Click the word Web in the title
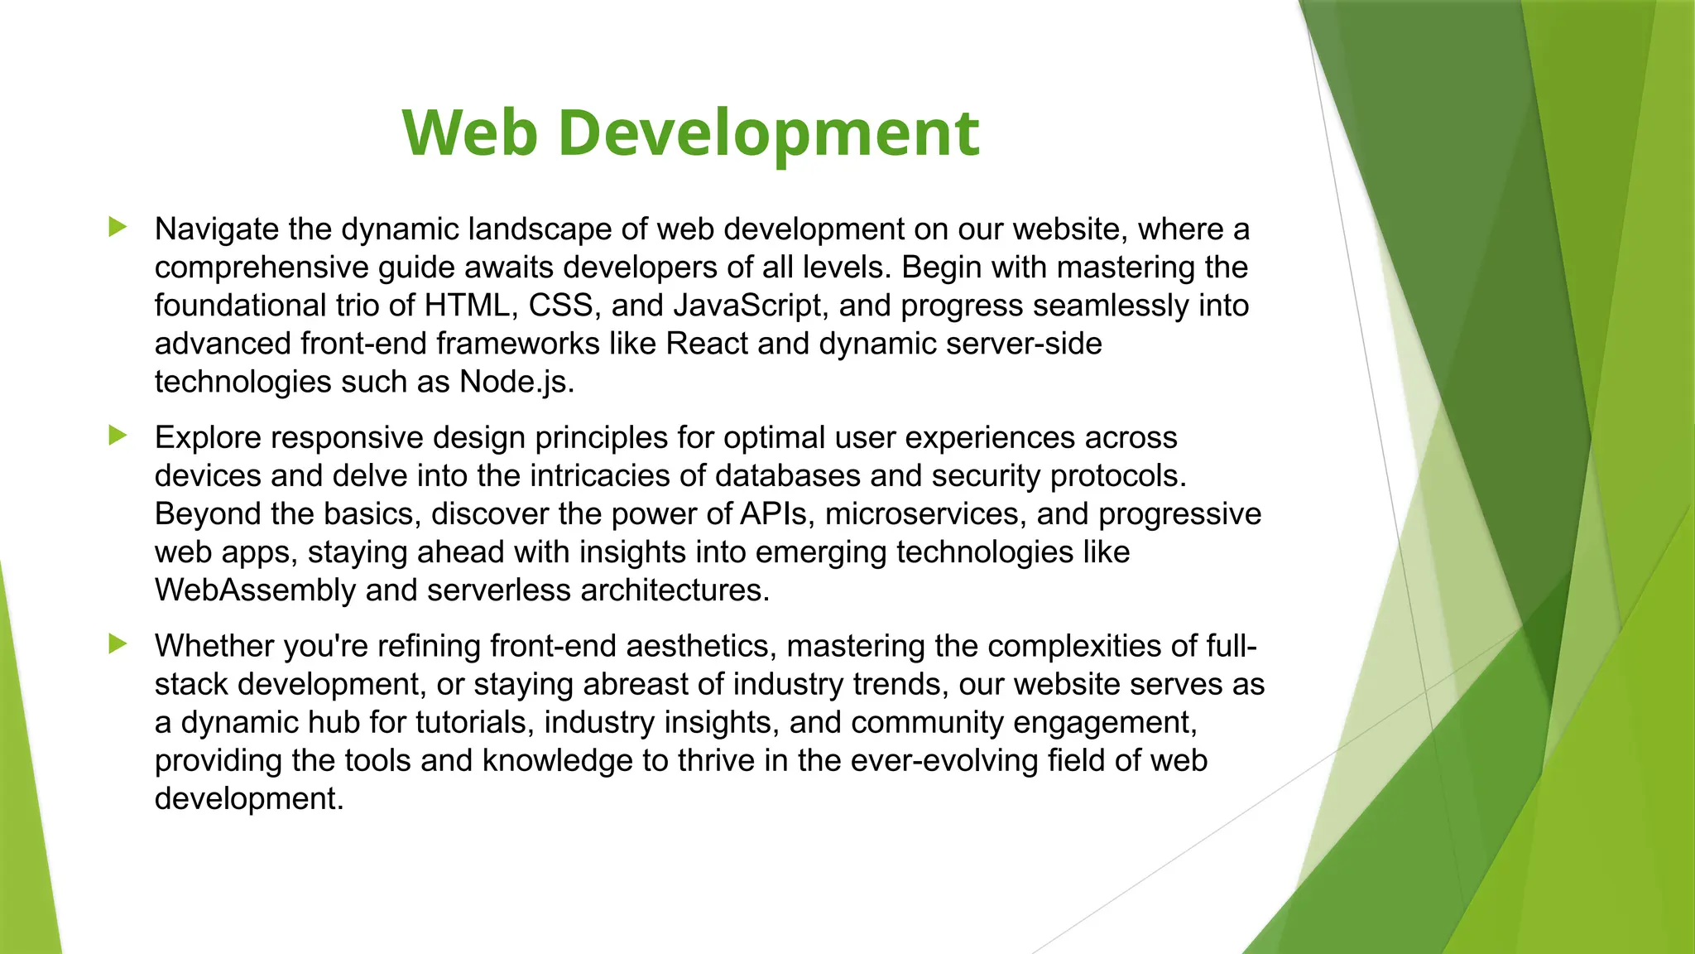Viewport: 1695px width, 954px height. click(x=470, y=132)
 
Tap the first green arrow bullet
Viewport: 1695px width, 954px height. click(x=118, y=227)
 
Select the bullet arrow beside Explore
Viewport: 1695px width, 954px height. click(x=118, y=436)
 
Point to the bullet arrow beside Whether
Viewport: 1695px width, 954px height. click(x=118, y=643)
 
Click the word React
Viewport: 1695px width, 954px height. click(x=707, y=344)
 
